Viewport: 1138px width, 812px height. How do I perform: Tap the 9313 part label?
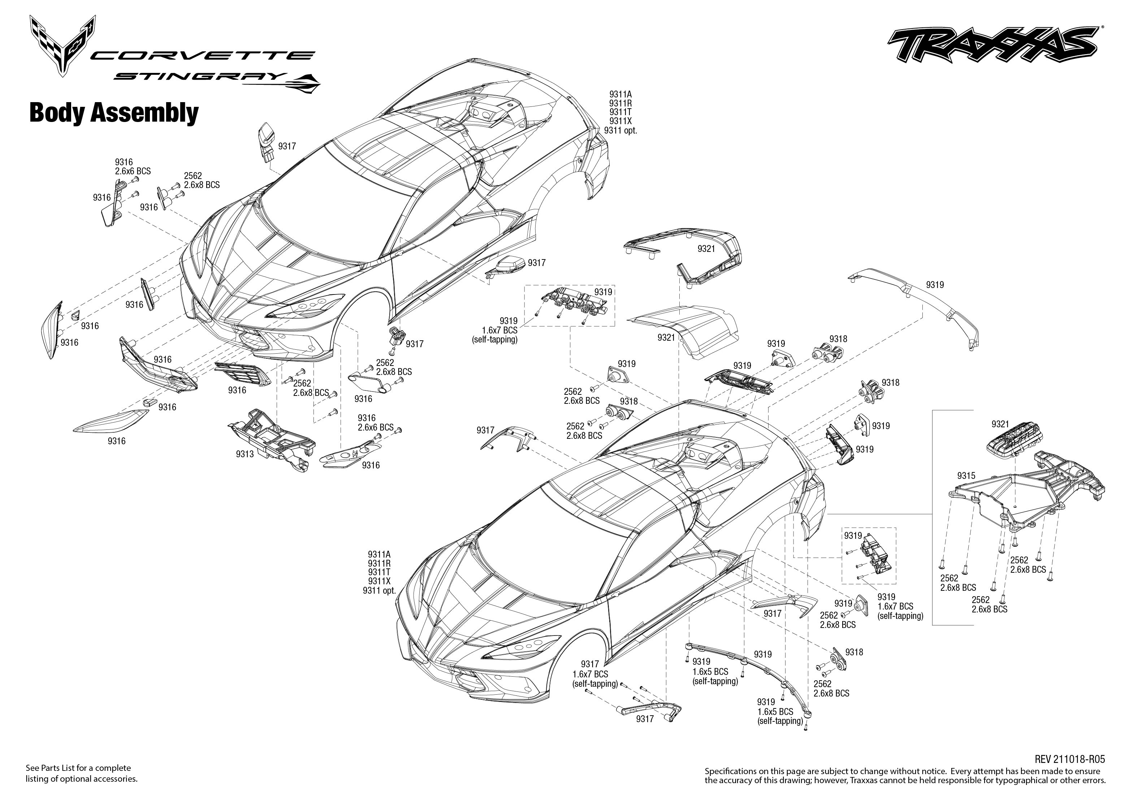[x=245, y=454]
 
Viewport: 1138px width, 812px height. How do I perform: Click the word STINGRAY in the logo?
[x=200, y=77]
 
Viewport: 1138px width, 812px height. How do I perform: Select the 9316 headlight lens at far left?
[x=50, y=330]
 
